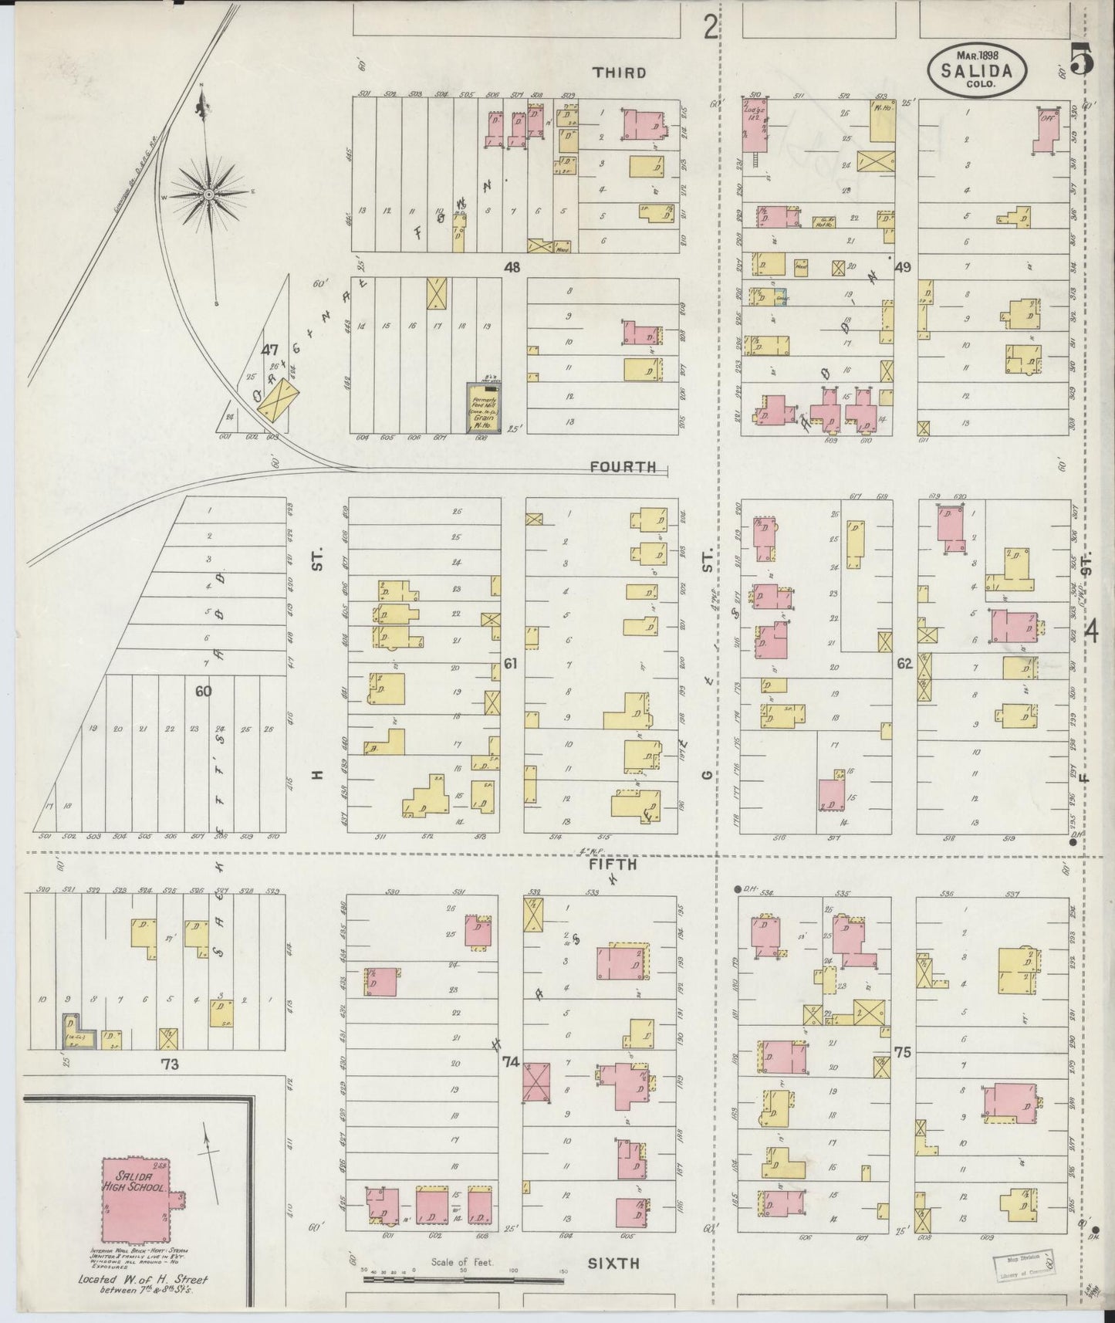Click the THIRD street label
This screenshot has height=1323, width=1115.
pos(619,73)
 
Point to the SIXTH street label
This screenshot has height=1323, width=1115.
pos(614,1263)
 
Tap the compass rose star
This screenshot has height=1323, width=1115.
pos(208,196)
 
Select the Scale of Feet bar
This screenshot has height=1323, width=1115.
pos(463,1278)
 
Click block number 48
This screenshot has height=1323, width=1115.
pos(511,267)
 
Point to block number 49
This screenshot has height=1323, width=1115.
pos(903,267)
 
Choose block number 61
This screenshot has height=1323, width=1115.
pos(509,663)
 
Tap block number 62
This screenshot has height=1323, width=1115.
pos(904,663)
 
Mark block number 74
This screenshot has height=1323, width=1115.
pos(509,1061)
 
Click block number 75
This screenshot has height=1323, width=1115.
pos(903,1051)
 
